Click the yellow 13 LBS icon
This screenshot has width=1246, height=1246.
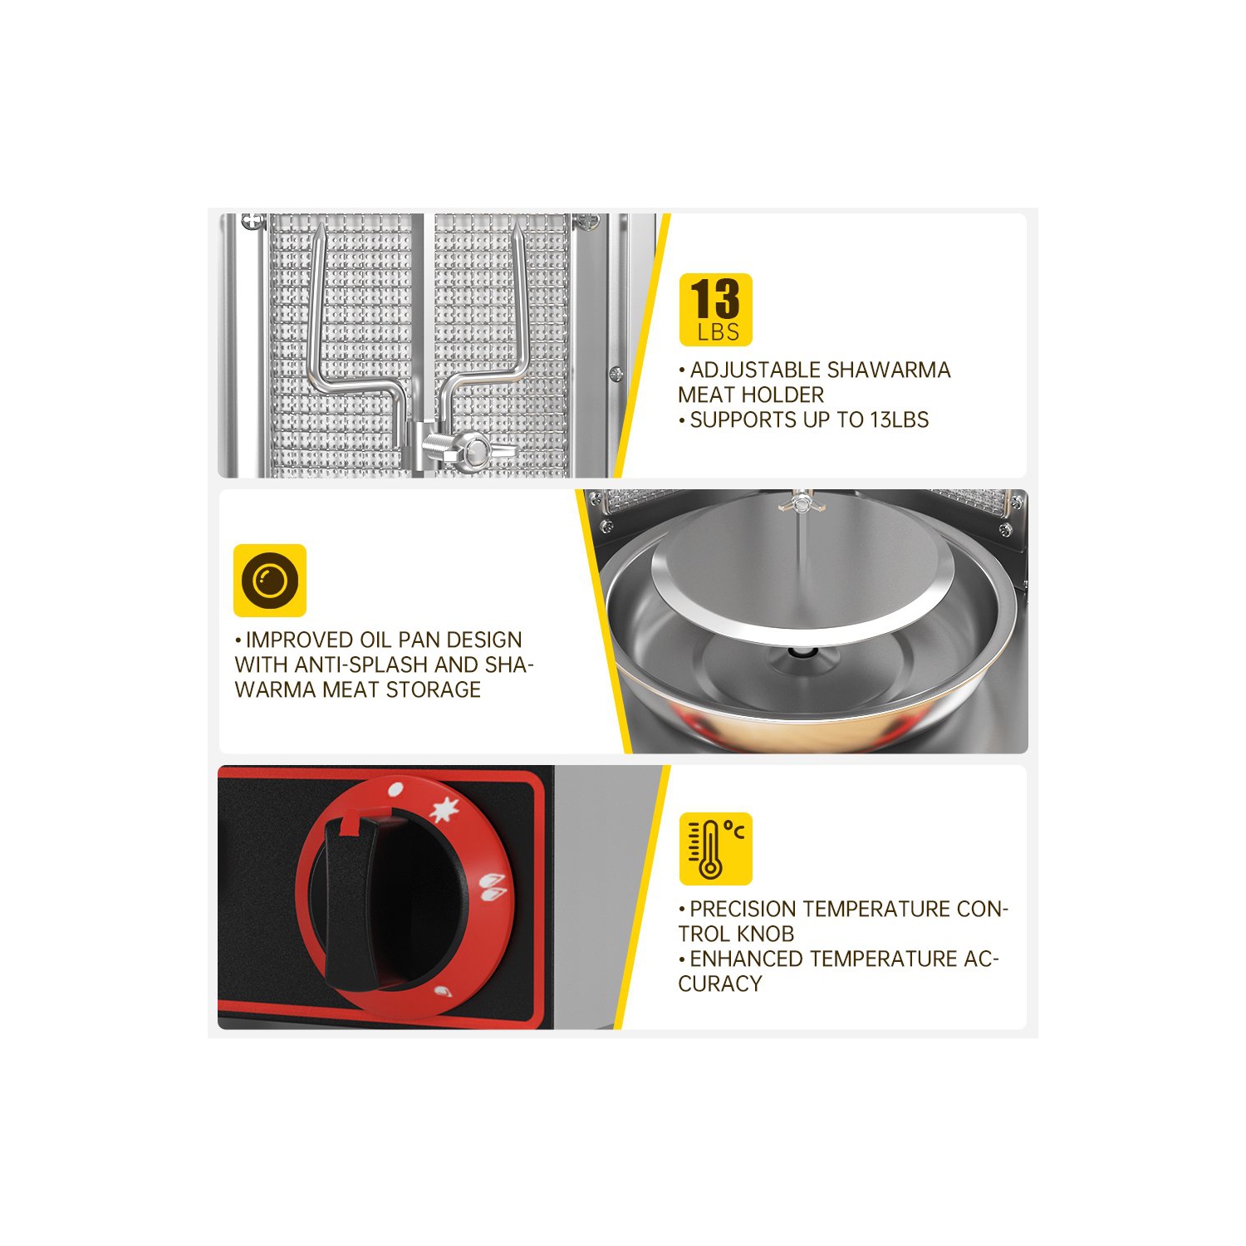715,309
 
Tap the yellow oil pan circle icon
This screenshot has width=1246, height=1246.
270,581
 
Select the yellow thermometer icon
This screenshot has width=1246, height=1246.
715,848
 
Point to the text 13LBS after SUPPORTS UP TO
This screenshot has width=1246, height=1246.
900,419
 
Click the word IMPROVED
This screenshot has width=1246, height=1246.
299,640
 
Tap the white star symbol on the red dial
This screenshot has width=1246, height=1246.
446,809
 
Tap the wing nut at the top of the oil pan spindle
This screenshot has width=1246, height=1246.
801,503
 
